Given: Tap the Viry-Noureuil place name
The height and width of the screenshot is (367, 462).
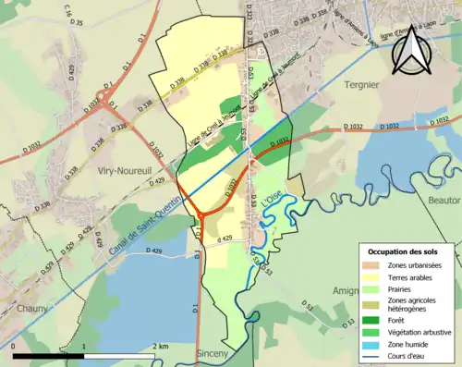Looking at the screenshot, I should pos(120,172).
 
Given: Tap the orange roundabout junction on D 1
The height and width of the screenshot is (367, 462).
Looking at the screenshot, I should pos(198,216).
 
